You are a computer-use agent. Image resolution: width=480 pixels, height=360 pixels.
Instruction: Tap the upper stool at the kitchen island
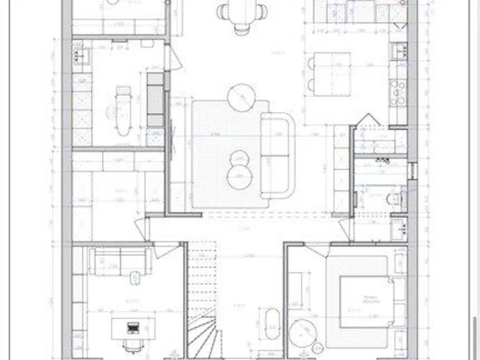point(311,62)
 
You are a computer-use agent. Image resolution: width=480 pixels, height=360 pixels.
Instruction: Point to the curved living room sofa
point(277,153)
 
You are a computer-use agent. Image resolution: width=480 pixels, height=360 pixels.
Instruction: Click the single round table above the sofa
point(242,97)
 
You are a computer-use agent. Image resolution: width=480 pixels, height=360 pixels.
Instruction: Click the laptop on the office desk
point(132,326)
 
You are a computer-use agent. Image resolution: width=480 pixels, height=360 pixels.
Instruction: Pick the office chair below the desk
point(131,346)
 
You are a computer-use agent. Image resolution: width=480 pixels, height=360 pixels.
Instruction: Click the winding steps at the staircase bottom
point(203,337)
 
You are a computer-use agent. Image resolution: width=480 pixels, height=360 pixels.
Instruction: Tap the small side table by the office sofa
point(134,277)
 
